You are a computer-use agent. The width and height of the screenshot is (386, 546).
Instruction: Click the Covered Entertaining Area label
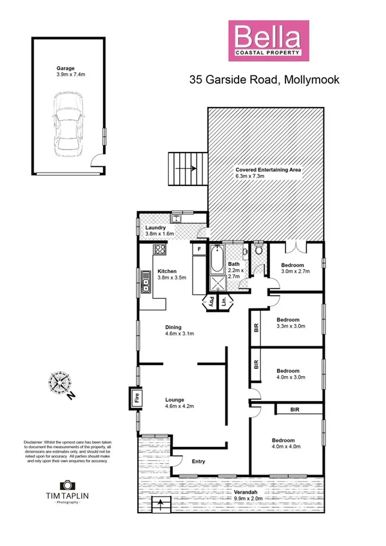pyautogui.click(x=268, y=173)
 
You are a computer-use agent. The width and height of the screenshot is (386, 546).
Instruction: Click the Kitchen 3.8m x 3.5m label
pyautogui.click(x=172, y=275)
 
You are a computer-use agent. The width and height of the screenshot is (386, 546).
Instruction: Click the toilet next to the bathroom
pyautogui.click(x=258, y=252)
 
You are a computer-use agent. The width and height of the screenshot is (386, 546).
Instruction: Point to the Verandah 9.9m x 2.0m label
pyautogui.click(x=252, y=494)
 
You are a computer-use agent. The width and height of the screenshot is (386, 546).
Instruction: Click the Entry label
pyautogui.click(x=198, y=461)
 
